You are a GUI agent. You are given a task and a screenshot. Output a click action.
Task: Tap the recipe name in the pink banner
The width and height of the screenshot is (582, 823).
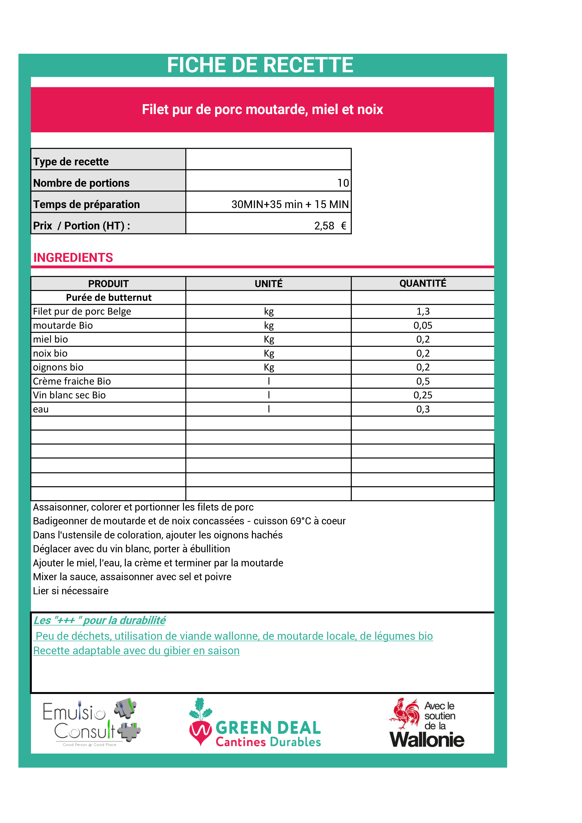(x=262, y=109)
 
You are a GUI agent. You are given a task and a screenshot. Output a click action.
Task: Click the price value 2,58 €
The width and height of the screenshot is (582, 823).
(x=330, y=226)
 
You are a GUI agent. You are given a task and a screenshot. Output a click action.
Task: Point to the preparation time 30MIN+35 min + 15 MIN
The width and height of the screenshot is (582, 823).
(x=289, y=204)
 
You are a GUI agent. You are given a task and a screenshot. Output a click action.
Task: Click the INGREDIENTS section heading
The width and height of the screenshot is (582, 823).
(x=73, y=258)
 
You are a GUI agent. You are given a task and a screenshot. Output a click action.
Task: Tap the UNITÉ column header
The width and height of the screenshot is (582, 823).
(x=268, y=284)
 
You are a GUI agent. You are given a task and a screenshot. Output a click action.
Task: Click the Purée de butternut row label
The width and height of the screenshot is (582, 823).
(x=109, y=297)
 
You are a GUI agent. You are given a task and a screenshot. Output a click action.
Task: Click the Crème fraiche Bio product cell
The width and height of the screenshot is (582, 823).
(x=72, y=381)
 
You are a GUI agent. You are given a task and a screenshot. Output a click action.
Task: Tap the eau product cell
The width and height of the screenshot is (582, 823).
(x=41, y=409)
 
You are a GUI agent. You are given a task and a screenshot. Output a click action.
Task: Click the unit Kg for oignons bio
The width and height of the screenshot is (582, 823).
(x=269, y=367)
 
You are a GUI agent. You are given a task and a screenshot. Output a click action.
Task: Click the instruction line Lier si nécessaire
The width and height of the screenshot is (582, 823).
(x=71, y=591)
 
